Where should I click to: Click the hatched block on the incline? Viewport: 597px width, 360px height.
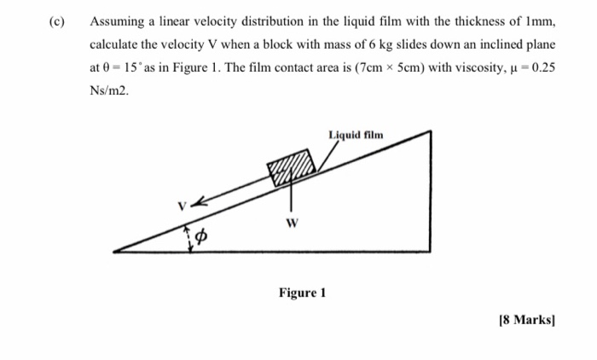[x=291, y=165]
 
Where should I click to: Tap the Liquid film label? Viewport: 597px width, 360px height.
[x=356, y=135]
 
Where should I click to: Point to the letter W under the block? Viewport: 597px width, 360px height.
[x=292, y=224]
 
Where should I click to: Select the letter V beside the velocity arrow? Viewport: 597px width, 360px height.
[x=182, y=206]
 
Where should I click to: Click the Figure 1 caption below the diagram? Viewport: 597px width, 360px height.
[x=303, y=293]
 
